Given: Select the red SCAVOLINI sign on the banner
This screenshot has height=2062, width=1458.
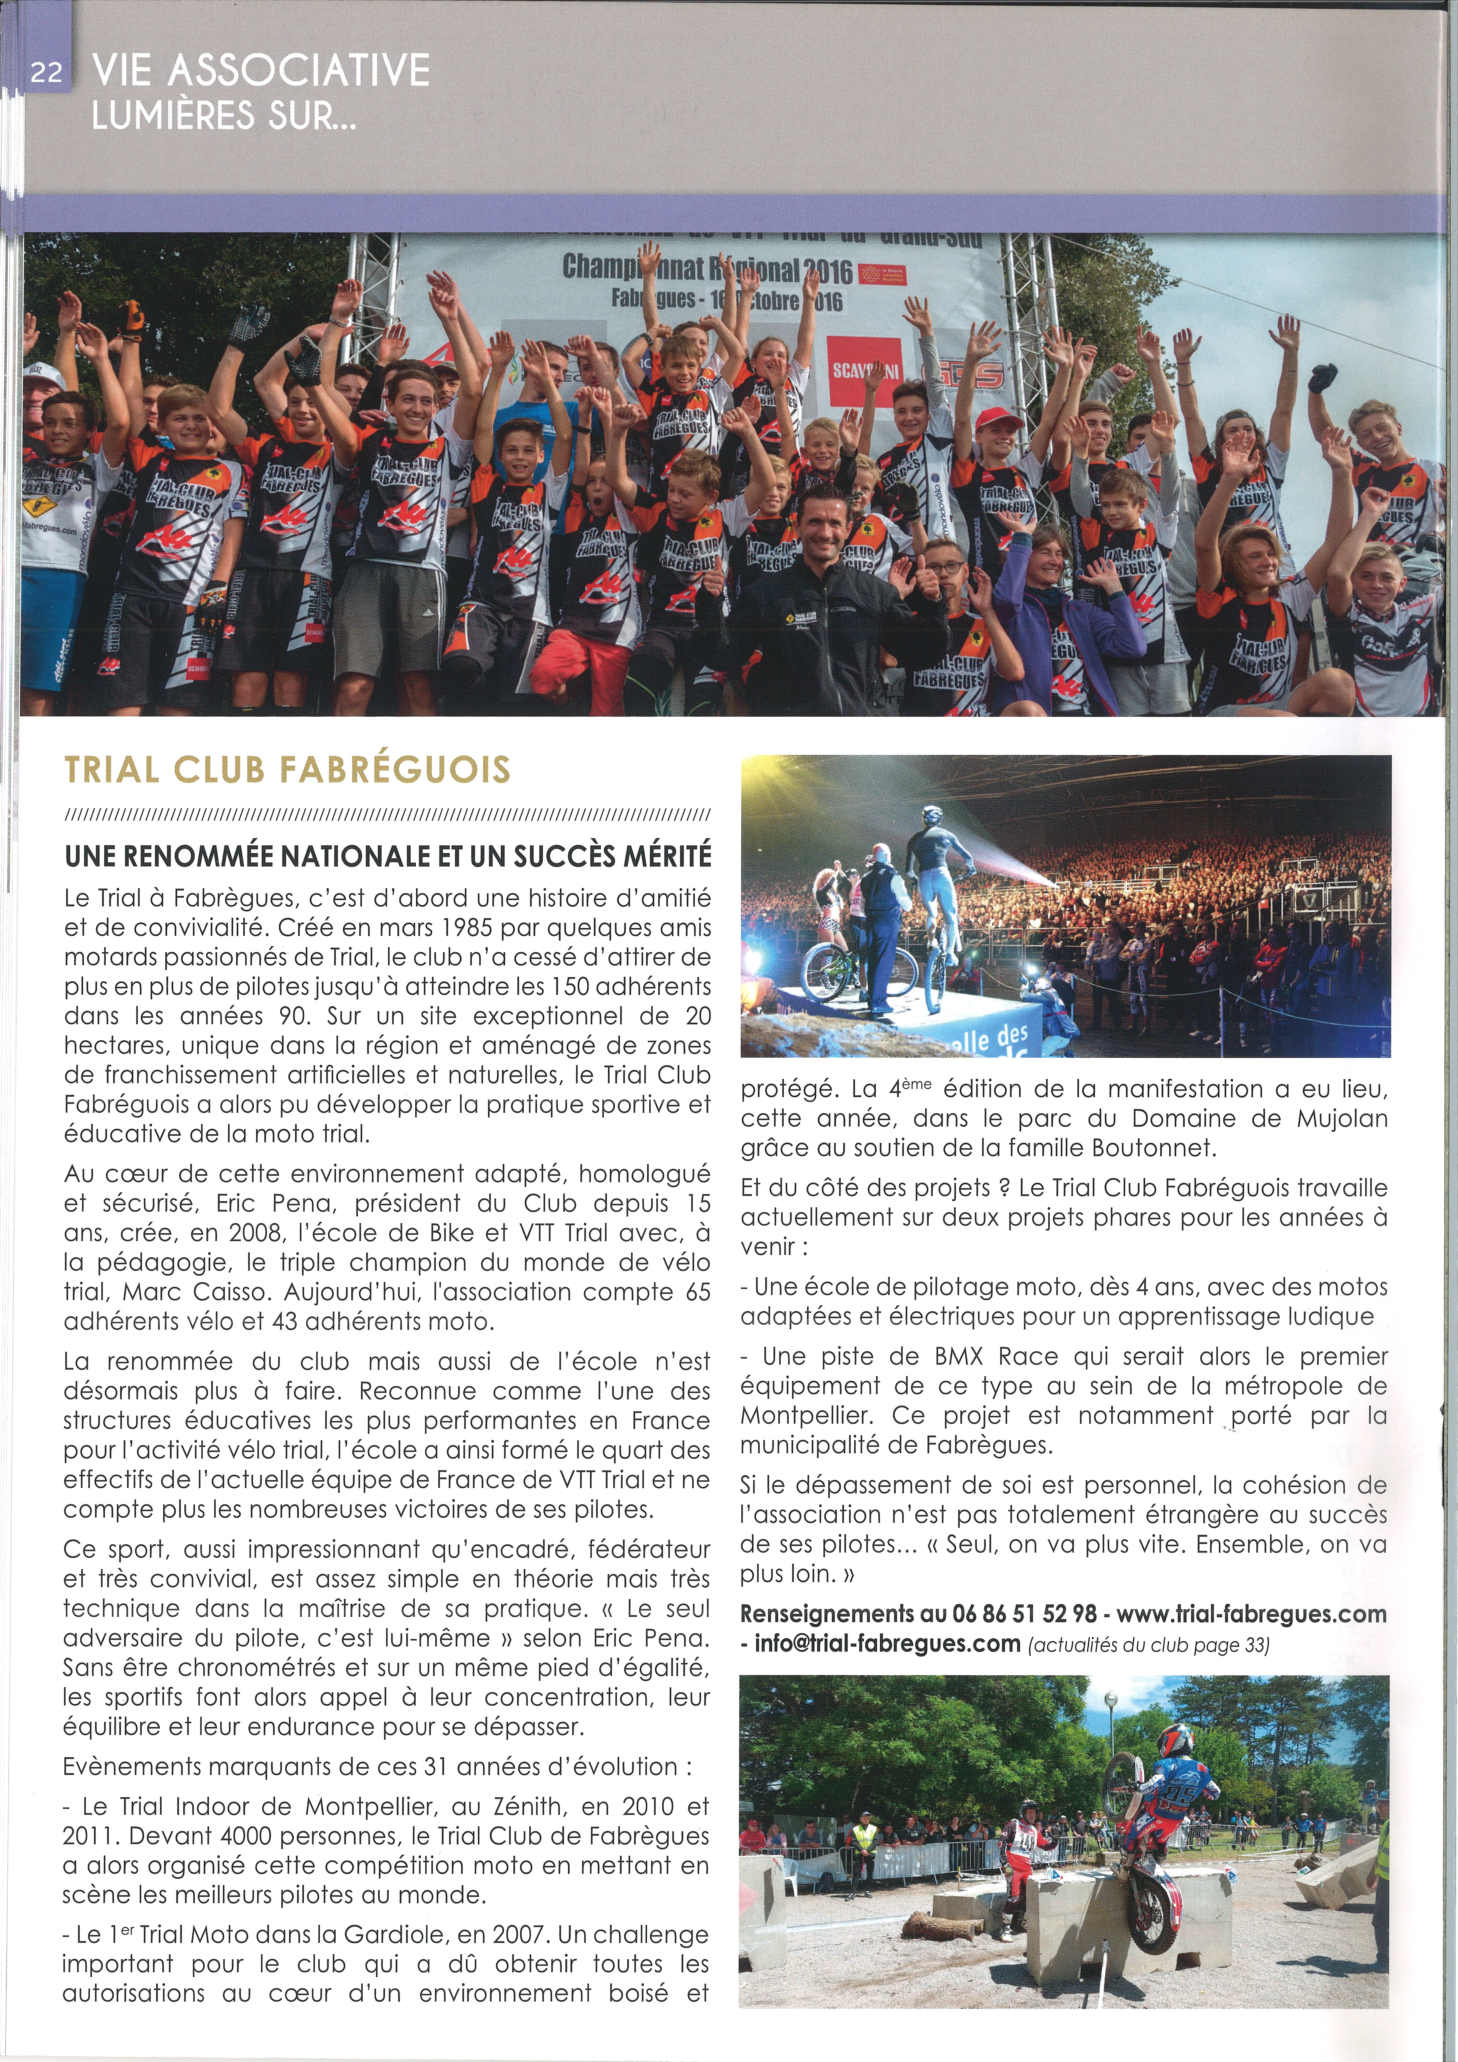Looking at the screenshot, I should pos(863,369).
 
